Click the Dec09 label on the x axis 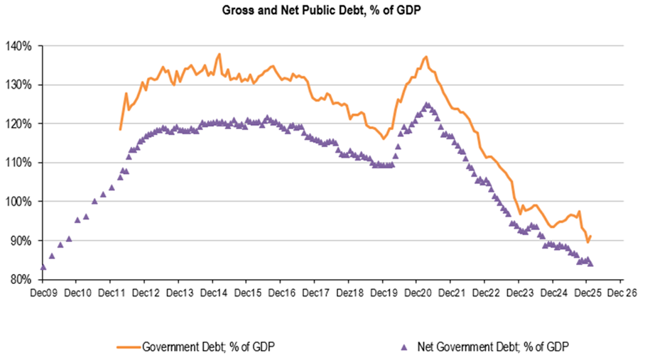pyautogui.click(x=43, y=292)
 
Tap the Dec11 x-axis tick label pyautogui.click(x=111, y=292)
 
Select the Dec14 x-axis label pyautogui.click(x=212, y=292)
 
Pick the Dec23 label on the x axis pyautogui.click(x=519, y=292)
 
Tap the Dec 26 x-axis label pyautogui.click(x=621, y=292)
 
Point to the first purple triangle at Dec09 pyautogui.click(x=43, y=267)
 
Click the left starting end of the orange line pyautogui.click(x=120, y=129)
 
